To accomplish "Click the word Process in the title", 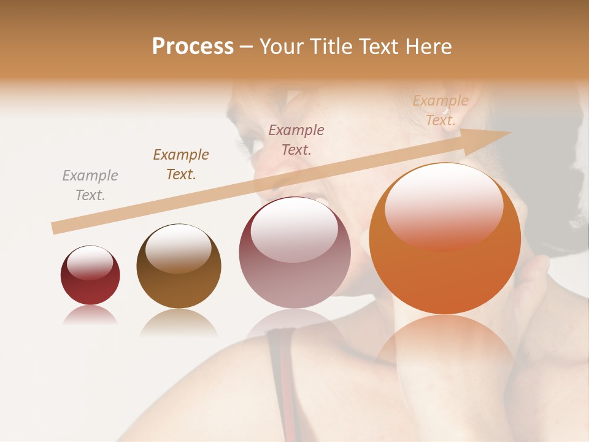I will point(193,47).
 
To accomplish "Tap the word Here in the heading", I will point(428,47).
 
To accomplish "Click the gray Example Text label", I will point(90,185).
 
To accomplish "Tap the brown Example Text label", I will point(181,164).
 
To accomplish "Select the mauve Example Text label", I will point(296,139).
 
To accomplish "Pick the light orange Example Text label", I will point(440,110).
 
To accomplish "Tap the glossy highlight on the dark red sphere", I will point(90,262).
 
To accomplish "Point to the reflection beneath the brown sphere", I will point(179,322).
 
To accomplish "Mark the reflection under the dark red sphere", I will point(90,315).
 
